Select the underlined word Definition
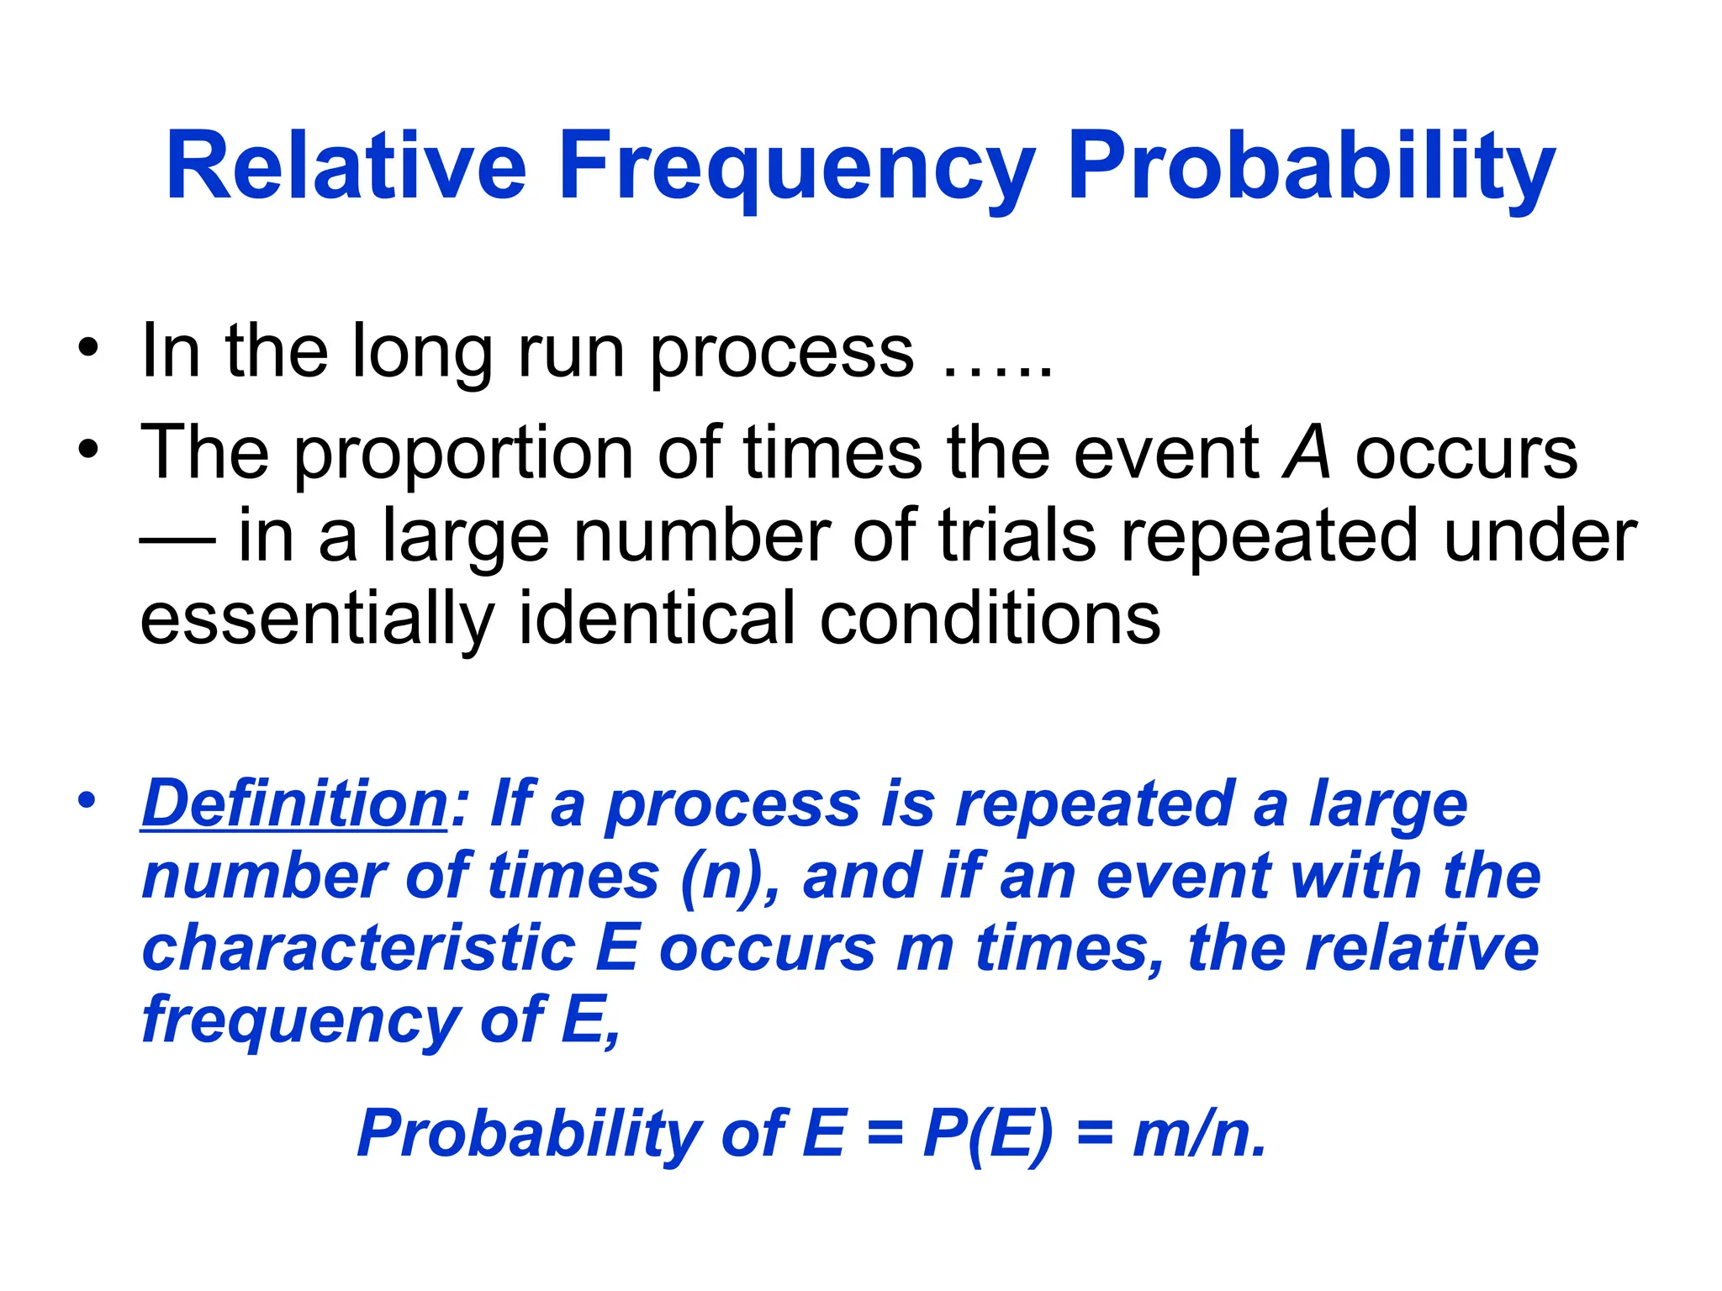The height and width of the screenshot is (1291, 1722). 294,804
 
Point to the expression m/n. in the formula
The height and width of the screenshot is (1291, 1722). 1199,1134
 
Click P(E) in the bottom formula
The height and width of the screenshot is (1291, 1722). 987,1134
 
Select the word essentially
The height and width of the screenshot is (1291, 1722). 316,619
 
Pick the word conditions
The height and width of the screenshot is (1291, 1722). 990,619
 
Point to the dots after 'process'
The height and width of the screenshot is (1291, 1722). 997,370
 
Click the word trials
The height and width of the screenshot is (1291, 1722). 1017,537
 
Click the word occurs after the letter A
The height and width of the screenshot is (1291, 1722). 1466,455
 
